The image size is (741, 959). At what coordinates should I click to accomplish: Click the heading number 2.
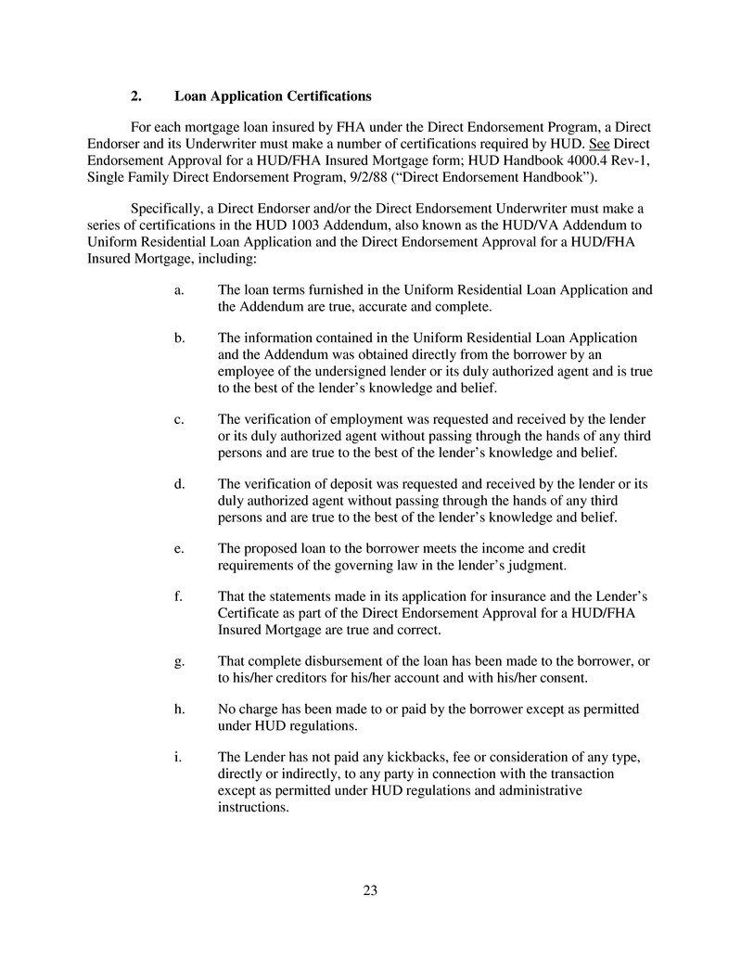coord(135,96)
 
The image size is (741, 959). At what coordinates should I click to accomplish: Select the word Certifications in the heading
coord(326,96)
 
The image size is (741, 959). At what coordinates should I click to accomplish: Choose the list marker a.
coord(178,290)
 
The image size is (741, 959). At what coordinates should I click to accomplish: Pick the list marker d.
coord(178,485)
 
